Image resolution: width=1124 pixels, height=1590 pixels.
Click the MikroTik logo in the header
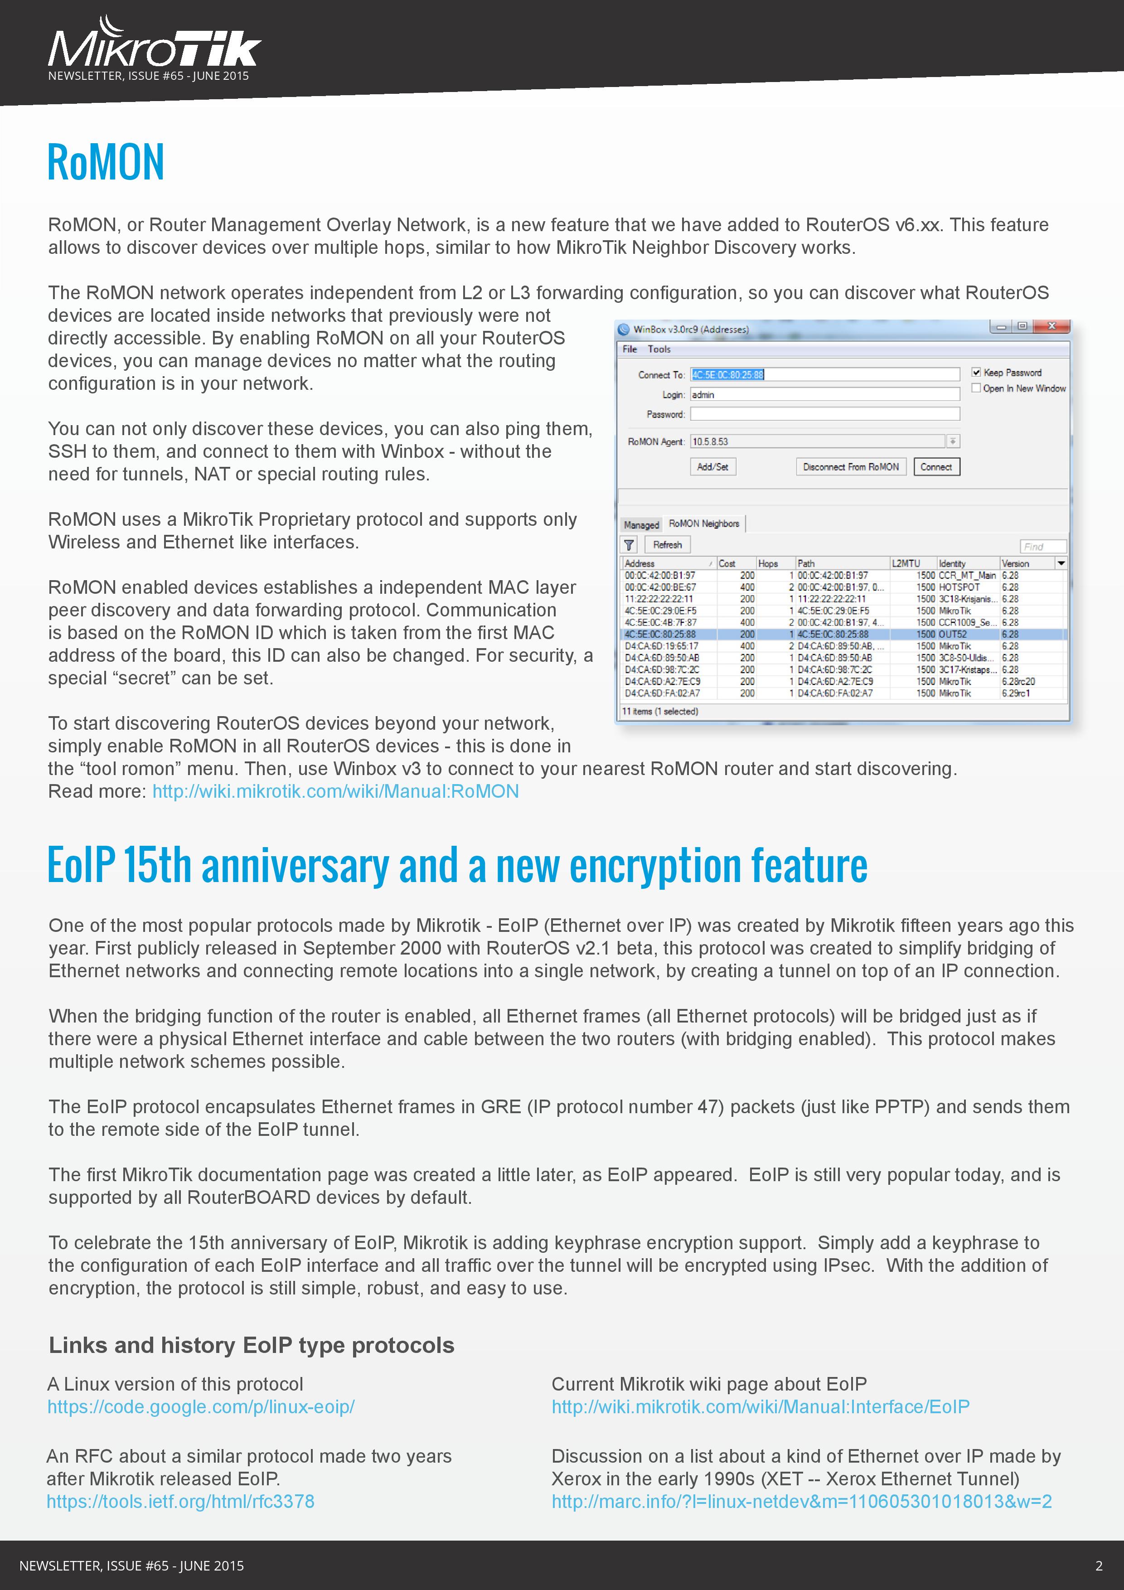pos(154,48)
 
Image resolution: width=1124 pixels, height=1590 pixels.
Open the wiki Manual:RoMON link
pos(335,791)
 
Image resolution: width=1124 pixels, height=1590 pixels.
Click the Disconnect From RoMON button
pos(850,467)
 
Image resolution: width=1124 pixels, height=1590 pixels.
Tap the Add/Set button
pos(712,467)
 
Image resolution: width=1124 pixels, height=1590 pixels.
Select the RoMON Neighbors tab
pos(703,524)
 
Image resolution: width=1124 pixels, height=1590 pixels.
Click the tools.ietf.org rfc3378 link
pos(180,1501)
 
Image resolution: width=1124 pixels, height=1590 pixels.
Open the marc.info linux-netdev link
pos(801,1501)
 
